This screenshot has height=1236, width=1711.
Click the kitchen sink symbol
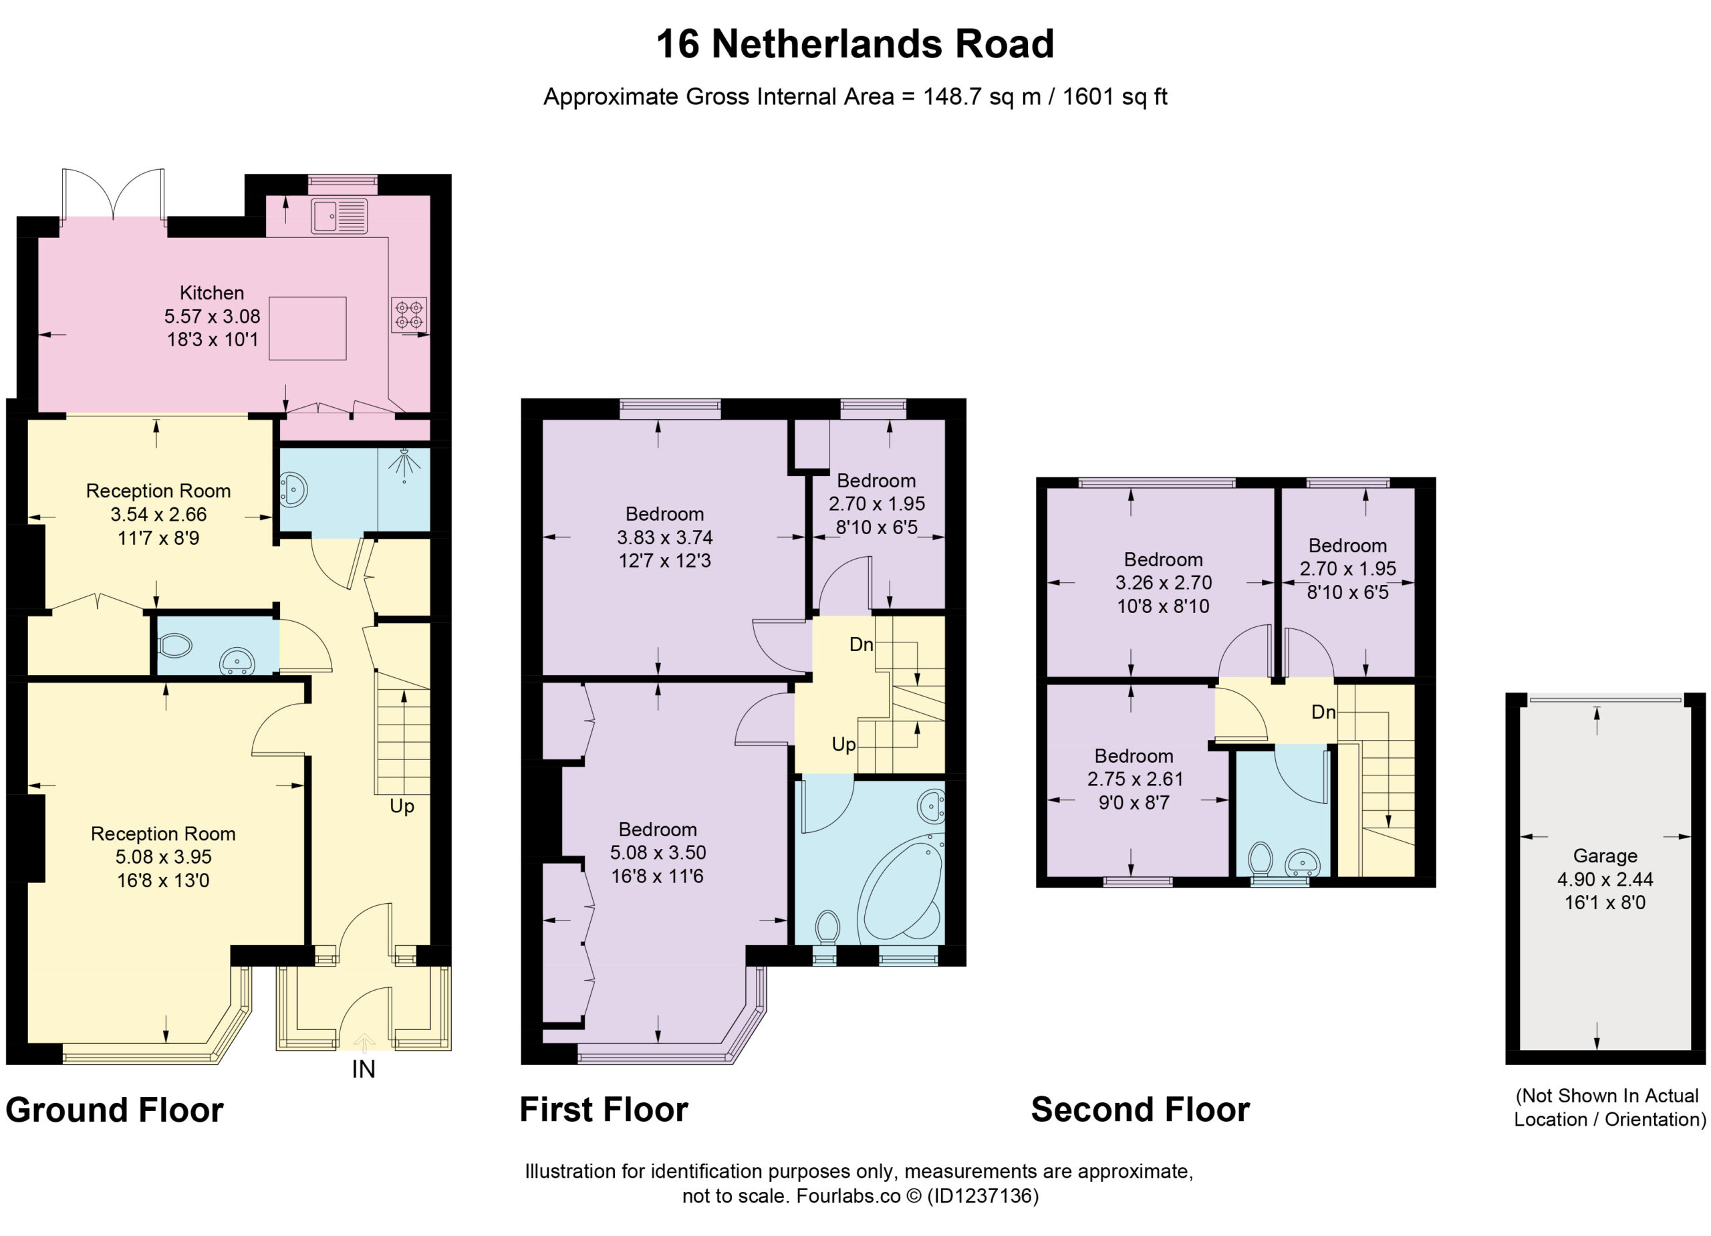339,216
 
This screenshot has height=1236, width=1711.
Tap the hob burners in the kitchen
409,315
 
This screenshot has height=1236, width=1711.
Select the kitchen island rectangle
308,328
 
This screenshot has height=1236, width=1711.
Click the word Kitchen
212,293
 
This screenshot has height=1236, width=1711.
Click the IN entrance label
364,1070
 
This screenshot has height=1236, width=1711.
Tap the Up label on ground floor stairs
402,807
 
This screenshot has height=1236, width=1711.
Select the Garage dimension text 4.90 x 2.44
1605,879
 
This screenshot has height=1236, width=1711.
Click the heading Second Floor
1140,1110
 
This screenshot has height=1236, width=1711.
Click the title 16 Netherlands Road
855,43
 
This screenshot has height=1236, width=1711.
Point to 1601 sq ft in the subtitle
1115,96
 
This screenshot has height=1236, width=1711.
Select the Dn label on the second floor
1323,711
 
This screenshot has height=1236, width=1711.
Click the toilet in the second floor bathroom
1260,860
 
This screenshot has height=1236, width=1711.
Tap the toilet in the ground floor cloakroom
176,646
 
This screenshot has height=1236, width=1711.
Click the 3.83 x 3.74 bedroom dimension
664,537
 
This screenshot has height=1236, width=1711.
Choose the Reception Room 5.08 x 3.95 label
163,856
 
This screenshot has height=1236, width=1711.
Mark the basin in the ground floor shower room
293,489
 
